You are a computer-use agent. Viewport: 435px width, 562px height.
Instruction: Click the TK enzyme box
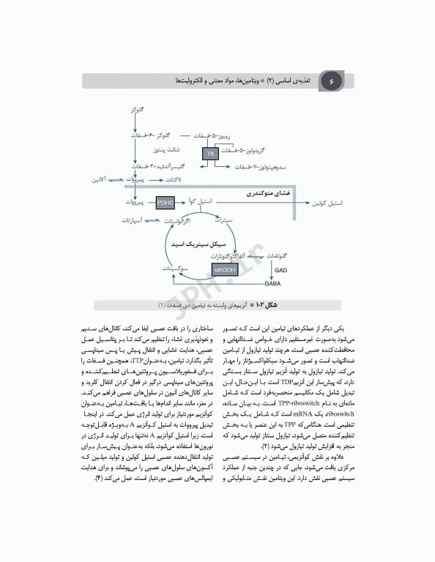210,154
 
